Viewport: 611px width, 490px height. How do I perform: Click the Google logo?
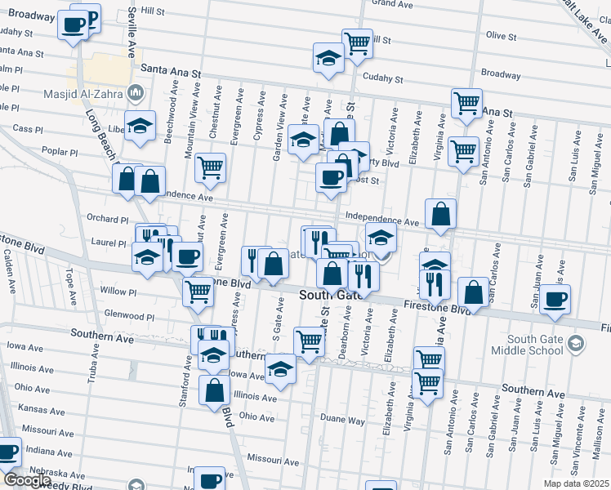pos(27,480)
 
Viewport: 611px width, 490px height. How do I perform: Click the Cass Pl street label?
pos(27,129)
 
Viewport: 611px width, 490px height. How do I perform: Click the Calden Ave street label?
pos(9,270)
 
